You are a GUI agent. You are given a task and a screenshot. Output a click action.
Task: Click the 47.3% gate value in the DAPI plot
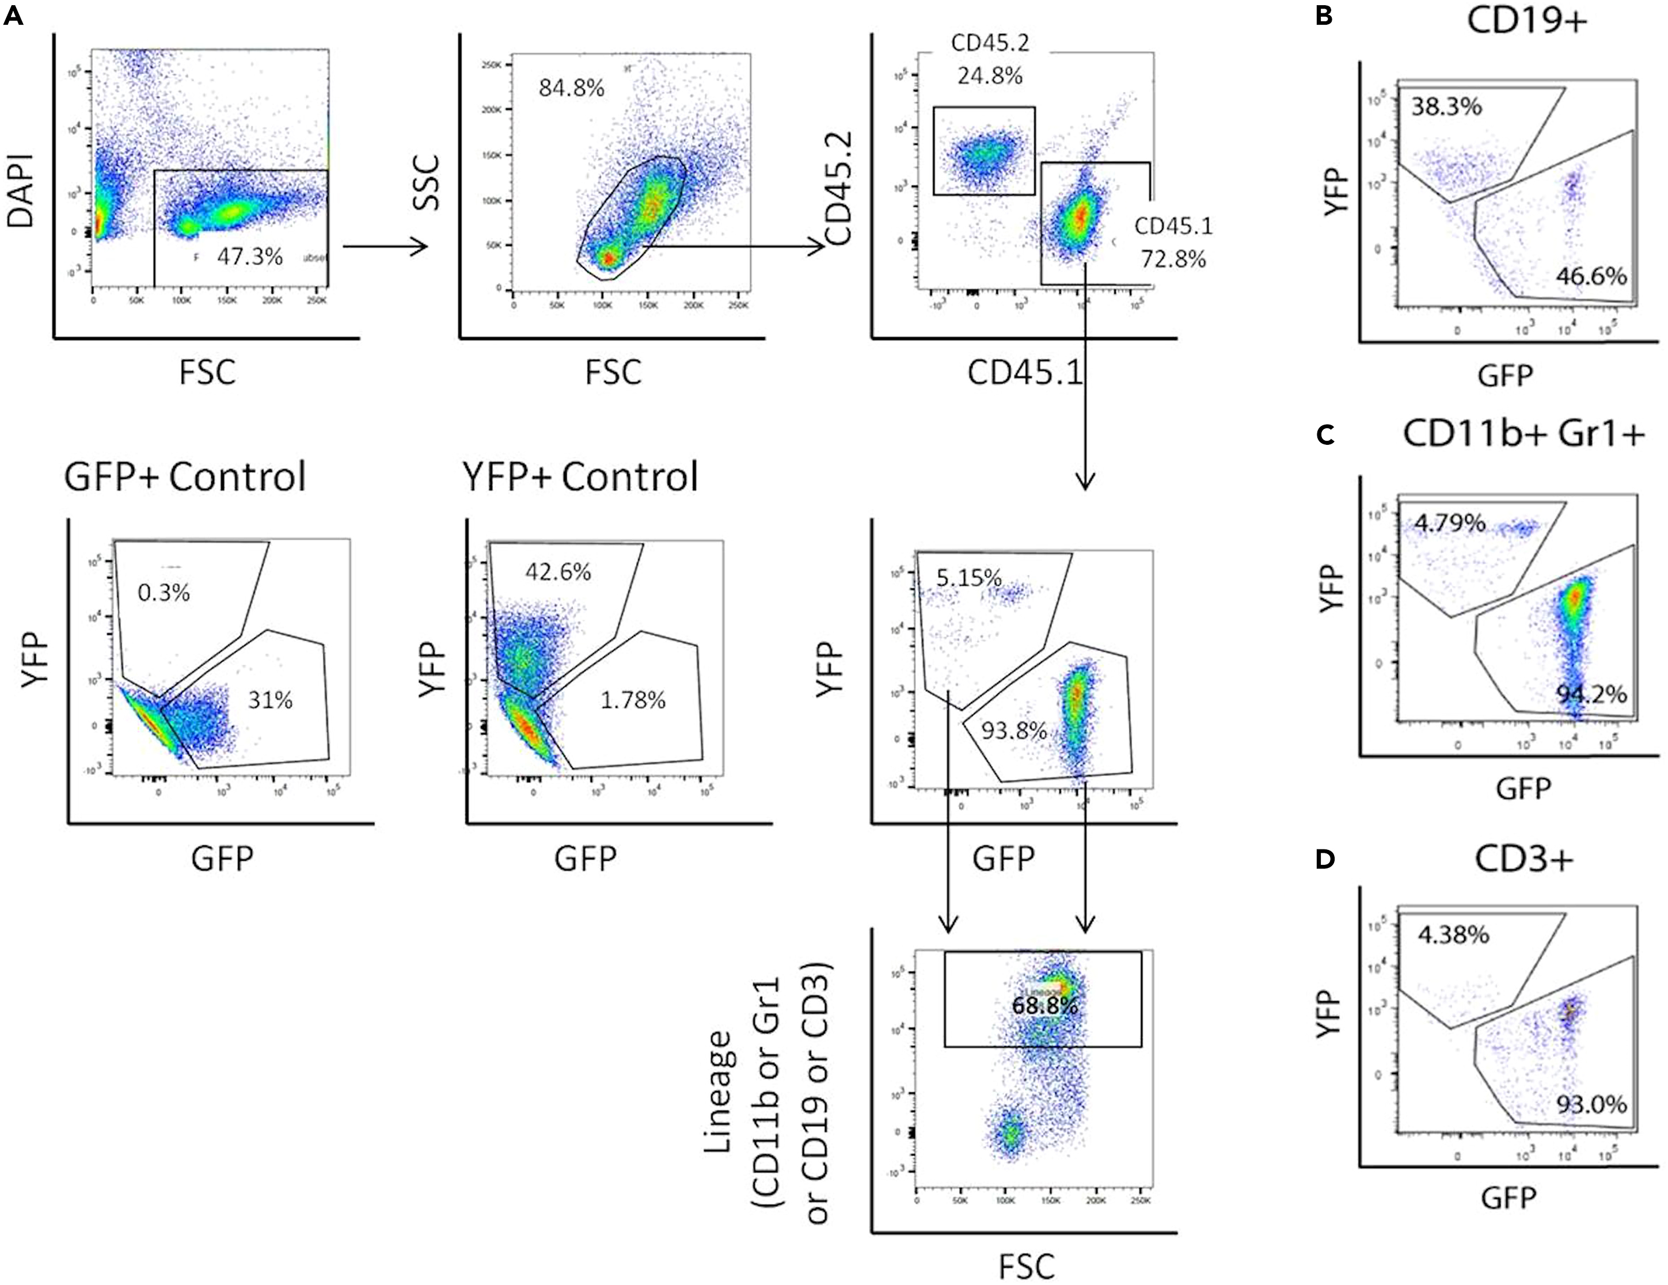point(250,257)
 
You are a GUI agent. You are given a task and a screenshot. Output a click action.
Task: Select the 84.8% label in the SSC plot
point(571,89)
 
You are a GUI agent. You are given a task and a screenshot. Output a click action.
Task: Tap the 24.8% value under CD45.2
point(990,75)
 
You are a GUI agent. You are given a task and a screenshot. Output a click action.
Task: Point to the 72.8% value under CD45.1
point(1173,260)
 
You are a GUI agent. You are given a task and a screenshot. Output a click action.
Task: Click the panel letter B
point(1325,16)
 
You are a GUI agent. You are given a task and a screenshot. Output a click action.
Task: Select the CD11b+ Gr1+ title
point(1523,434)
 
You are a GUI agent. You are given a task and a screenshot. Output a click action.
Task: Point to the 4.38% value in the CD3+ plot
point(1453,935)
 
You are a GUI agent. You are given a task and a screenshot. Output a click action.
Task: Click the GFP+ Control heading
point(185,477)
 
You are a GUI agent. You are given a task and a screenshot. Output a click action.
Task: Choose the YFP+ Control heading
point(580,477)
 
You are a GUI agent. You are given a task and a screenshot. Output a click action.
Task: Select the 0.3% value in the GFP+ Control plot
point(164,593)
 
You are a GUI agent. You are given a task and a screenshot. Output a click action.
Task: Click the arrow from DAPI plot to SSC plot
point(385,246)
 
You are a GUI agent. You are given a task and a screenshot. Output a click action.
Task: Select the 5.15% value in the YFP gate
point(968,578)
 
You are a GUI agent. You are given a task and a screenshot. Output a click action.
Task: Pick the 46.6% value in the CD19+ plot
point(1591,276)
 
